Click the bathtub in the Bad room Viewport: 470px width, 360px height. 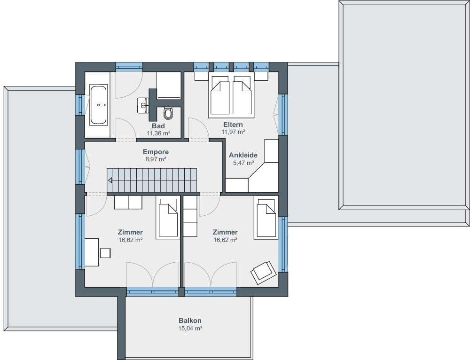pos(99,105)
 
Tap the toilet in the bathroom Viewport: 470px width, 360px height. pos(168,113)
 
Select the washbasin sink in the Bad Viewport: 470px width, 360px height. pos(143,105)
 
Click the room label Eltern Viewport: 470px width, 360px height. pos(233,125)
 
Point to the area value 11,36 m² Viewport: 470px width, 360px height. pos(158,133)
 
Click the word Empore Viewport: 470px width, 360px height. pos(156,152)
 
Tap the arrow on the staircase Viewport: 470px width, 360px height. pos(110,180)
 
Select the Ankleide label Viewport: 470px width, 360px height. pos(243,155)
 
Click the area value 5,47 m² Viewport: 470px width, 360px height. pos(243,163)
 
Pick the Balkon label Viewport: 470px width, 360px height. pos(190,321)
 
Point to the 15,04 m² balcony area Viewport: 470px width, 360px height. pos(190,328)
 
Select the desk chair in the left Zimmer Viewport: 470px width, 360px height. pos(105,253)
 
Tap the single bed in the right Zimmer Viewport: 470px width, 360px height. pos(266,217)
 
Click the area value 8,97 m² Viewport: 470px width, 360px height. pos(156,159)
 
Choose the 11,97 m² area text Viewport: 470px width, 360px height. pos(233,132)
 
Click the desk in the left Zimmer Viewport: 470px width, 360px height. pos(92,252)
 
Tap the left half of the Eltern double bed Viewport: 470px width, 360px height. pos(219,95)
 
